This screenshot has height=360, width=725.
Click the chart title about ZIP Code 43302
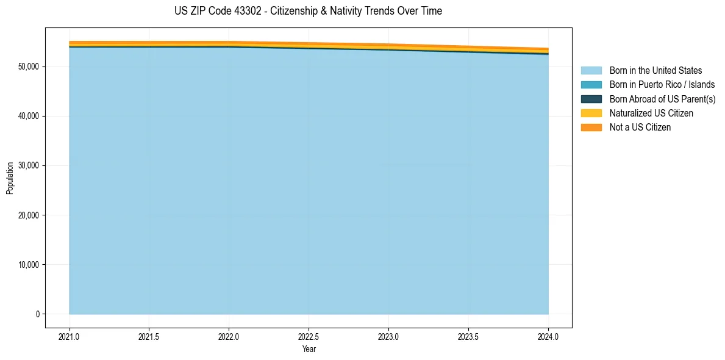coord(308,11)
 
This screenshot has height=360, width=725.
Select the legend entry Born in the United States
coord(655,71)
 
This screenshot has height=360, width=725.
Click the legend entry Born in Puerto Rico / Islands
coord(662,85)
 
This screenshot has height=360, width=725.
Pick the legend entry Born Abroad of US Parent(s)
coord(662,99)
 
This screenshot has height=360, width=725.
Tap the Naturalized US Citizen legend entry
coord(651,113)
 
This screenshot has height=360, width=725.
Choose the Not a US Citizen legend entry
coord(640,128)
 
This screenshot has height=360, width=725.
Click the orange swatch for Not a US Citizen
coord(591,128)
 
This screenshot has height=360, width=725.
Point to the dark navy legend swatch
coord(591,99)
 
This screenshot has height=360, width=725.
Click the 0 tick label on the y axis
coord(38,314)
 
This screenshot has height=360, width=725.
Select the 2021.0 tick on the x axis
coord(70,336)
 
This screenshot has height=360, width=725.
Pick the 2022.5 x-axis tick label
coord(309,336)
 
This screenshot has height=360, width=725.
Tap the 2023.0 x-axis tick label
coord(389,336)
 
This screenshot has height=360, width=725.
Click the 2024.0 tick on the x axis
coord(548,336)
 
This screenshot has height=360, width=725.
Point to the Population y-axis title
coord(10,178)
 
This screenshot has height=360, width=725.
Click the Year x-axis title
coord(309,349)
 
